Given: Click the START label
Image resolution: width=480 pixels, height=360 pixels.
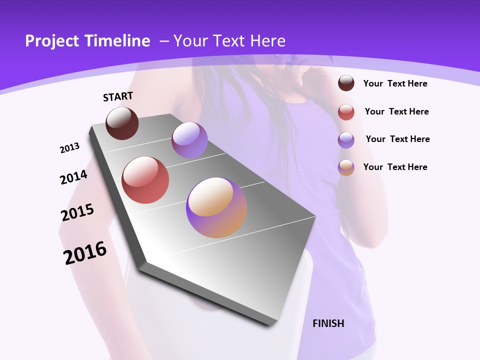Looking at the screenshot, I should coord(118,96).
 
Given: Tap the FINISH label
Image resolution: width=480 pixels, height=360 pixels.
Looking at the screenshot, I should coord(328,323).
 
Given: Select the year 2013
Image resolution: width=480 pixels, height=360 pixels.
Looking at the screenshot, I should coord(70,148).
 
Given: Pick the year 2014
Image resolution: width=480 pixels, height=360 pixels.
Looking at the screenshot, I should coord(73,177).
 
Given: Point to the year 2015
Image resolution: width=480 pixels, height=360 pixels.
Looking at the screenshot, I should coord(77,212).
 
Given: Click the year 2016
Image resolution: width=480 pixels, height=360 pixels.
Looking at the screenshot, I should coord(85,253).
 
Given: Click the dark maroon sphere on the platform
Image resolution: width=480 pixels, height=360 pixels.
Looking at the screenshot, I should coord(122,123).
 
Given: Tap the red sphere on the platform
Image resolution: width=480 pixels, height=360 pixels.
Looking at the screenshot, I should coord(145,180).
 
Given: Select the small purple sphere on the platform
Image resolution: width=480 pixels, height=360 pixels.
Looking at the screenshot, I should coord(189,140).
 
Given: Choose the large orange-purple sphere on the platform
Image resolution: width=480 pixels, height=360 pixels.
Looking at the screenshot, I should coord(216,207).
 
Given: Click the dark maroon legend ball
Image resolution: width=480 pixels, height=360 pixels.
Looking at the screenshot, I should coord(346,83).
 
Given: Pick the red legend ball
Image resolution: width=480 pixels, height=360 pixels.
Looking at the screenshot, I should coord(346,112).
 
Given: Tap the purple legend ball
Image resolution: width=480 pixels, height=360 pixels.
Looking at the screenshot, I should coord(346,140).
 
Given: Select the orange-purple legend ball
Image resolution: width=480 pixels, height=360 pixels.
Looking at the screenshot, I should coord(346,167).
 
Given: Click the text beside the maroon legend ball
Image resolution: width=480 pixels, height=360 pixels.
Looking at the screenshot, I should coord(395,83).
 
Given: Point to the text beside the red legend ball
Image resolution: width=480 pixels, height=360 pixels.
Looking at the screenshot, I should coord(396,111).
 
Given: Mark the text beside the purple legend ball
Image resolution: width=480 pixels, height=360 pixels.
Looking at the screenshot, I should coord(397,139).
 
